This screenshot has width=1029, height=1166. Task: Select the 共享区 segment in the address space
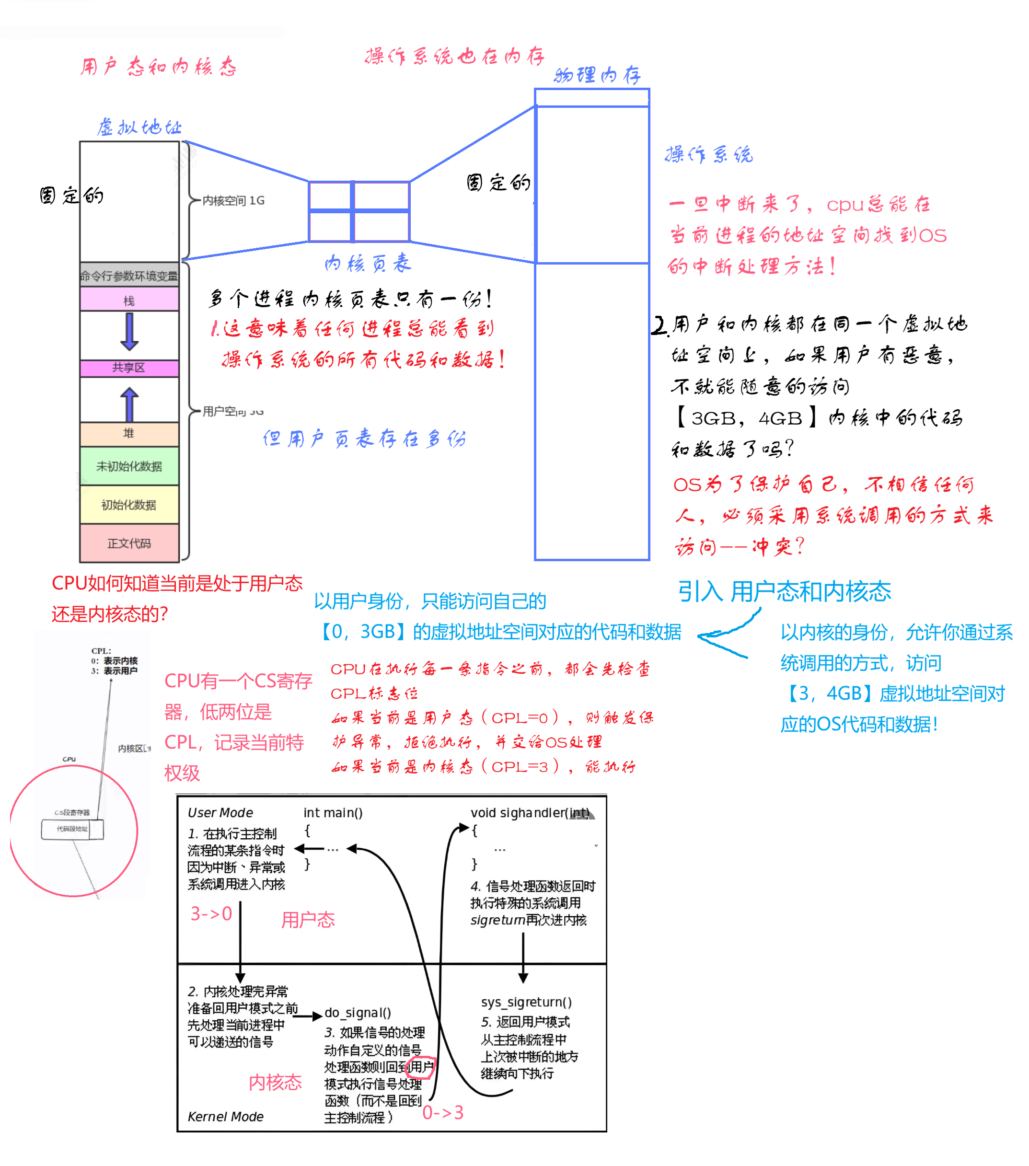[x=129, y=368]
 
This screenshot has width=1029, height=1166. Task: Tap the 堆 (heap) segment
[x=129, y=434]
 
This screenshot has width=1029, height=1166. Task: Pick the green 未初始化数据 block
[x=129, y=466]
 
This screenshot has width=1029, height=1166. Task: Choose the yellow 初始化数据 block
[x=129, y=505]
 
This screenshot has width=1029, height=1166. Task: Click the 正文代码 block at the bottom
[x=129, y=543]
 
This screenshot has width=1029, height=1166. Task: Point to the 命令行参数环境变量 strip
[x=129, y=276]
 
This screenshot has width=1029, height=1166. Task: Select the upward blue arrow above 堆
[x=129, y=404]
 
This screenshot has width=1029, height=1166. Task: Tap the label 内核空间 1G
[x=233, y=200]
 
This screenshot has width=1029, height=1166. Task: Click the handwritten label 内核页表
[x=368, y=264]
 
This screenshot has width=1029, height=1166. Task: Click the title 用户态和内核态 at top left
[x=158, y=67]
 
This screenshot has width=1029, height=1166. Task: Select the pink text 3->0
[x=211, y=913]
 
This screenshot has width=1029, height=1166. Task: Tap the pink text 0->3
[x=443, y=1112]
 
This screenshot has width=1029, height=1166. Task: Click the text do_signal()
[x=358, y=1013]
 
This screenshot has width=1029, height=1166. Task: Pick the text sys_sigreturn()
[x=526, y=1002]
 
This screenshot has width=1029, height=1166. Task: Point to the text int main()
[x=333, y=812]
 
